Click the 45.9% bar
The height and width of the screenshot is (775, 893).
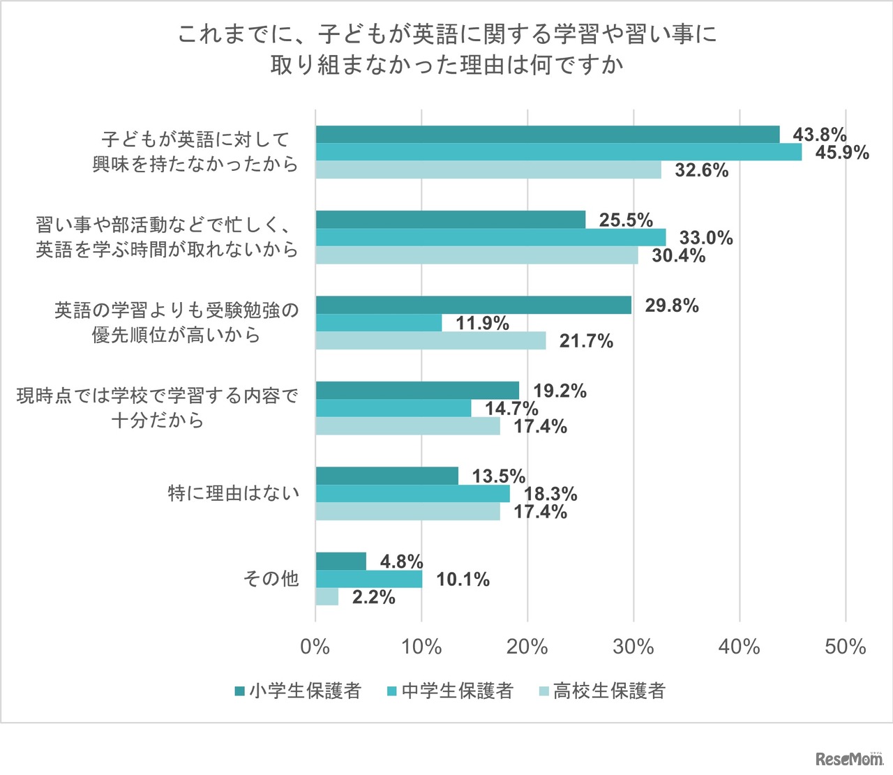tap(558, 152)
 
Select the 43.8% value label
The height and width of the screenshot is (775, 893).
tap(819, 135)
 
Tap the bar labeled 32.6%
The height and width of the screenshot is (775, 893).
tap(488, 170)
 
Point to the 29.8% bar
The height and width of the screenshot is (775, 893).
tap(473, 305)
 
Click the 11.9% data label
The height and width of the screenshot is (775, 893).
tap(482, 324)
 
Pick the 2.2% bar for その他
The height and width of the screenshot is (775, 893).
tap(327, 597)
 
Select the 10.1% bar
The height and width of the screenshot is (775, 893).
tap(368, 579)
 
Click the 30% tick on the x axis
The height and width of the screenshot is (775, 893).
tap(633, 647)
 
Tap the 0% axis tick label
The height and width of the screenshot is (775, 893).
tap(315, 647)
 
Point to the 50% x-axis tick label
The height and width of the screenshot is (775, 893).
tap(845, 647)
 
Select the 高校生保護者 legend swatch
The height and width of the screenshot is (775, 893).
tap(543, 692)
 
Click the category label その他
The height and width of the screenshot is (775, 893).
tap(271, 578)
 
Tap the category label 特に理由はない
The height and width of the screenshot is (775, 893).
tap(234, 493)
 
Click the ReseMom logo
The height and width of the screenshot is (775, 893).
tap(848, 759)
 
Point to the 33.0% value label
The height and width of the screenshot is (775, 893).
tap(706, 238)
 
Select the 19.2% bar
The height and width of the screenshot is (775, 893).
tap(417, 390)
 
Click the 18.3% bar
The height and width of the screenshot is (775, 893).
tap(412, 494)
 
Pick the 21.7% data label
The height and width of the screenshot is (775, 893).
tap(586, 341)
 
